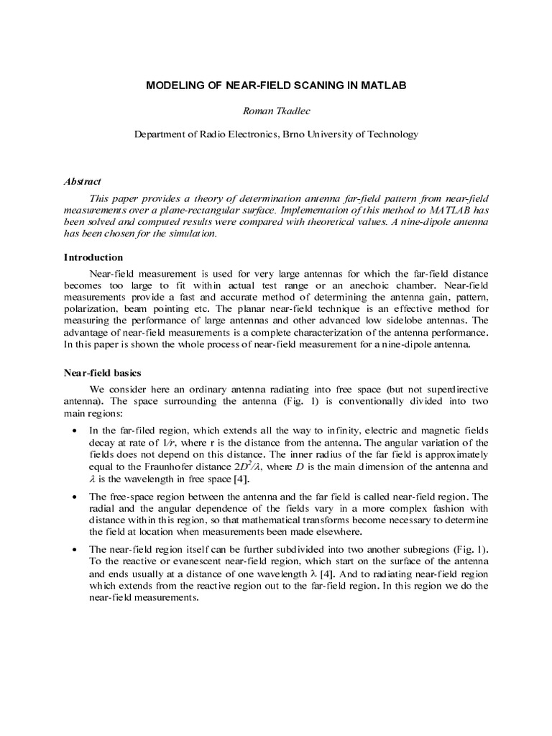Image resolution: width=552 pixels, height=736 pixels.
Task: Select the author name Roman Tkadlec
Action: click(x=276, y=110)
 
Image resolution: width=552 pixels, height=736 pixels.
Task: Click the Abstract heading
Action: click(x=83, y=182)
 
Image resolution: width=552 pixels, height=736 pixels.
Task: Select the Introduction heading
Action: click(x=93, y=257)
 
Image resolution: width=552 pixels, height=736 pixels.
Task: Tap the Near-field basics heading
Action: click(x=103, y=373)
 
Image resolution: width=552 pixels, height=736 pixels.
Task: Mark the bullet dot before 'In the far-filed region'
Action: click(x=77, y=430)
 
